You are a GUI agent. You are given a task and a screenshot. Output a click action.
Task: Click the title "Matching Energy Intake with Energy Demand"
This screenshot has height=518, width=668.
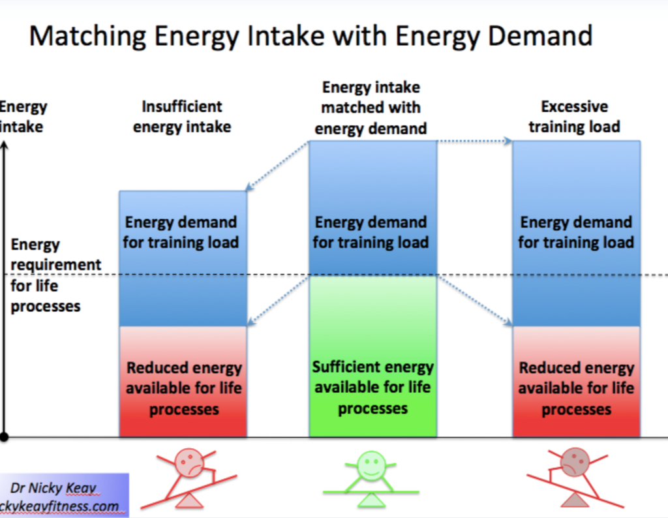pos(311,36)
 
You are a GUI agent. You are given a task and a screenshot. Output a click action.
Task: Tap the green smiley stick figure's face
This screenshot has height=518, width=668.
pos(371,465)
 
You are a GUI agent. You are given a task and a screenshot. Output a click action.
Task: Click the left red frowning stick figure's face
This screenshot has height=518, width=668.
pos(189,463)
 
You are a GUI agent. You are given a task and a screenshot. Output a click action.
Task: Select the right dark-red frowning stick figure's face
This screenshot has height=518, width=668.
pos(575,462)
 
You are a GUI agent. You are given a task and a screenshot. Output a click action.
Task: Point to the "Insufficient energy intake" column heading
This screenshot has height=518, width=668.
pos(182,116)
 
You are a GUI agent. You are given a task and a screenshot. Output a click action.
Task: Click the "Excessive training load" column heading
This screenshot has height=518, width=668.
pos(574,116)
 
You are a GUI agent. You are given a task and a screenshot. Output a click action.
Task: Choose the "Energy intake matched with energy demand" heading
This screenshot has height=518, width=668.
pos(371,108)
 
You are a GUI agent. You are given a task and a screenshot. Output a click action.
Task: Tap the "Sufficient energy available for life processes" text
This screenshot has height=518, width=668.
pos(372,388)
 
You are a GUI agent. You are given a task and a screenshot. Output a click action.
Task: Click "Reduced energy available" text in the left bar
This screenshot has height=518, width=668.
pos(184,378)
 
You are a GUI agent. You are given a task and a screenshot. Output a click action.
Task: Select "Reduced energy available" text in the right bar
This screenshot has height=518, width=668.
pos(577,378)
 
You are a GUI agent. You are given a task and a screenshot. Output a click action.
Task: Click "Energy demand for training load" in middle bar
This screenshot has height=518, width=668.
pos(371,232)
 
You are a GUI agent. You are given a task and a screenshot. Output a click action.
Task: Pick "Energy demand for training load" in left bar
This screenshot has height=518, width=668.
pos(181,232)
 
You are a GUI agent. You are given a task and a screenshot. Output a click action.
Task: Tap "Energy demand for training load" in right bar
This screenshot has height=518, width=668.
pos(576,232)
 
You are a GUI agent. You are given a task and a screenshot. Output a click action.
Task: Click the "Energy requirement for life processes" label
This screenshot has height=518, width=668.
pos(56,275)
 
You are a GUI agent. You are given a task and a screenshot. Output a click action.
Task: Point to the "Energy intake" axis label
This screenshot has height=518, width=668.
pos(23,116)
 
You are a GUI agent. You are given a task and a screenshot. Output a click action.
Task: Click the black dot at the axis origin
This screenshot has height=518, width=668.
pos(5,436)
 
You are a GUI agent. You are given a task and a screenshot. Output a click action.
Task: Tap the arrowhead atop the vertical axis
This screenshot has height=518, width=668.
pos(5,145)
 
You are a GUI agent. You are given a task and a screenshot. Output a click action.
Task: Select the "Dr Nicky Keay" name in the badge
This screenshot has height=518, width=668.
pos(53,488)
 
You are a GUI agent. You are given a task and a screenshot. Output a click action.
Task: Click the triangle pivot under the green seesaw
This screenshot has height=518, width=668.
pos(371,500)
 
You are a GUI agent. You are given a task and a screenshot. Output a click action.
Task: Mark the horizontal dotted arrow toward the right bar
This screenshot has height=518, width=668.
pos(475,141)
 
